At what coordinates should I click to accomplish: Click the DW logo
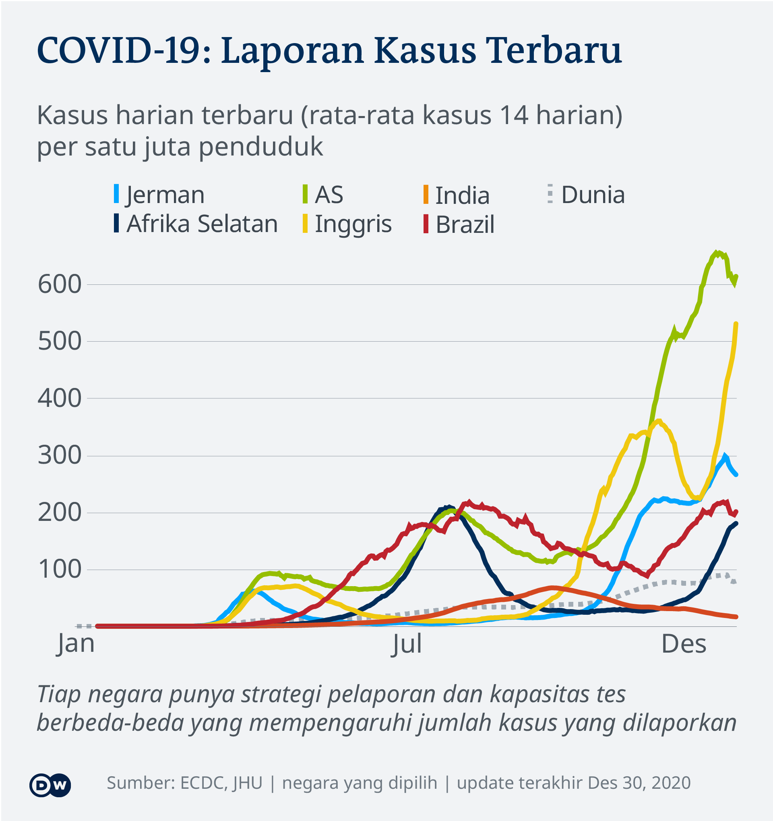click(50, 784)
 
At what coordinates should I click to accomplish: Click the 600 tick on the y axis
click(60, 284)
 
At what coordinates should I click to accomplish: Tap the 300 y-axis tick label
click(60, 456)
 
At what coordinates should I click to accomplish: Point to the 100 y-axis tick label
click(60, 570)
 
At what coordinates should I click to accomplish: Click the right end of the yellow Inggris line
click(736, 324)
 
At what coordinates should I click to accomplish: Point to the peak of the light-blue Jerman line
click(724, 456)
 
